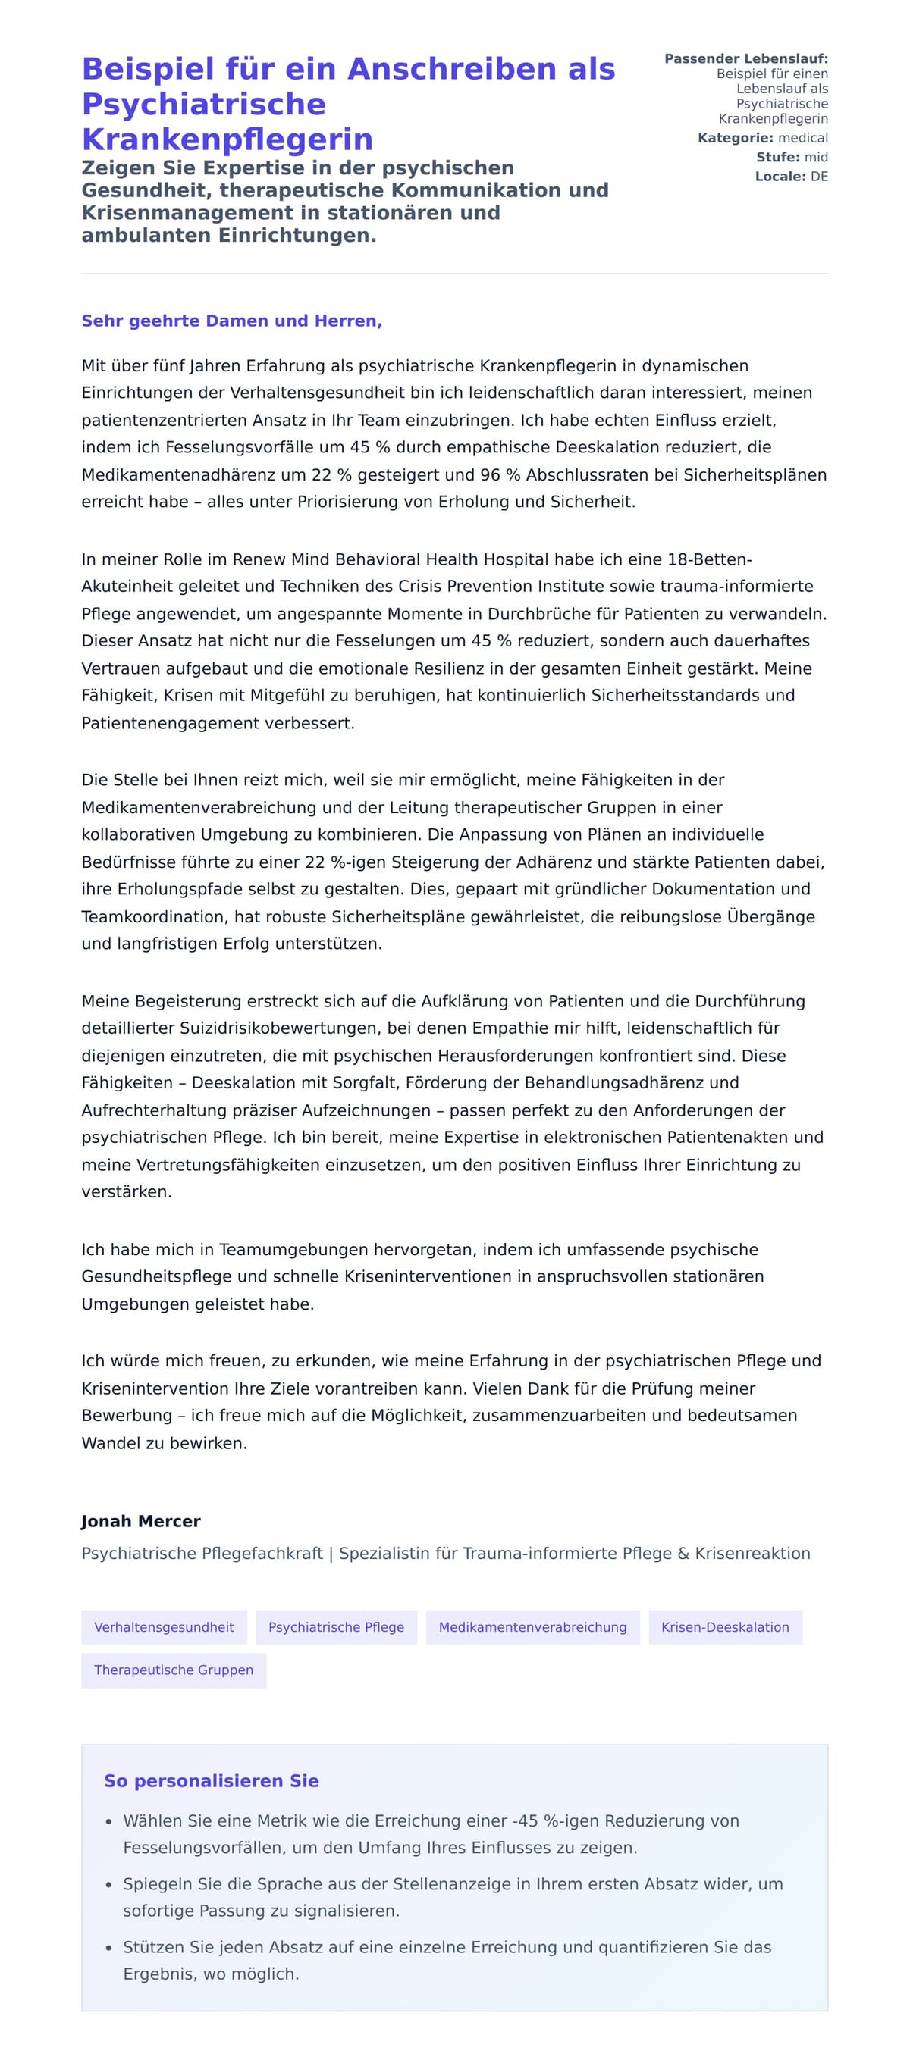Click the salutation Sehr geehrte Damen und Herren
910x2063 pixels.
coord(231,321)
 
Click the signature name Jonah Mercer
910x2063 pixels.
coord(141,1521)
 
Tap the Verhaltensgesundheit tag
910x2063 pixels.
coord(165,1626)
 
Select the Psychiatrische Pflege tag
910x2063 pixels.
coord(336,1626)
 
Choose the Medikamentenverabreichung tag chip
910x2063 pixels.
coord(532,1626)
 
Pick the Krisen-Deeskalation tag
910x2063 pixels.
coord(724,1626)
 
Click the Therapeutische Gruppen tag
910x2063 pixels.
coord(173,1670)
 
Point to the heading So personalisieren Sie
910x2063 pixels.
coord(212,1780)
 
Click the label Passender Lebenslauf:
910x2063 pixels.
coord(745,58)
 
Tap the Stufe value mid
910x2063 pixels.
coord(815,157)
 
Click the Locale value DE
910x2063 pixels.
coord(819,176)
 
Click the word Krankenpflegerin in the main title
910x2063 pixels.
coord(227,139)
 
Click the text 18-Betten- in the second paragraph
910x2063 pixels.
coord(709,559)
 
